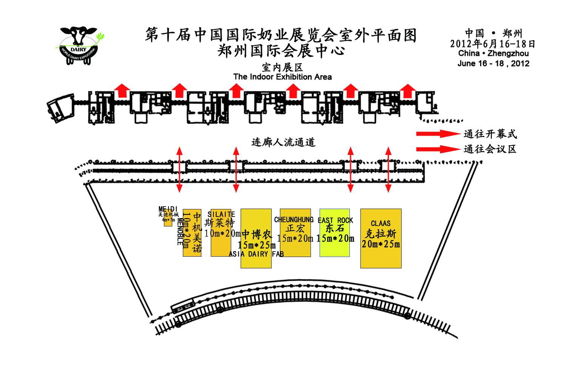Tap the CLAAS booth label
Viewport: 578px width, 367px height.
380,223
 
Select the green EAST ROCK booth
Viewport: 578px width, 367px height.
335,242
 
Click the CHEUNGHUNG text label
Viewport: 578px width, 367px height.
294,220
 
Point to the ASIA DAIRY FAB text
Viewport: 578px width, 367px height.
256,254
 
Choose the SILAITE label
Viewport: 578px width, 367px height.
221,214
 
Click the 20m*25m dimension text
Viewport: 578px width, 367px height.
380,244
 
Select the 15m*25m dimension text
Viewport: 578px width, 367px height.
256,245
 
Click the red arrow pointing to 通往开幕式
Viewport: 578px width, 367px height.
436,134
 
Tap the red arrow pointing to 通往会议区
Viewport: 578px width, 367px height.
436,149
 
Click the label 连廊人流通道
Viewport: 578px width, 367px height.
283,142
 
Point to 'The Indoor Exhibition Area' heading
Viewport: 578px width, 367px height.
283,77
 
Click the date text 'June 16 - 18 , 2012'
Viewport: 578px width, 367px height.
493,63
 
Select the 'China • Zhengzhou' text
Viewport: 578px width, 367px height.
493,54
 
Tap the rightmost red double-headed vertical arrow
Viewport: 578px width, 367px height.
388,170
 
